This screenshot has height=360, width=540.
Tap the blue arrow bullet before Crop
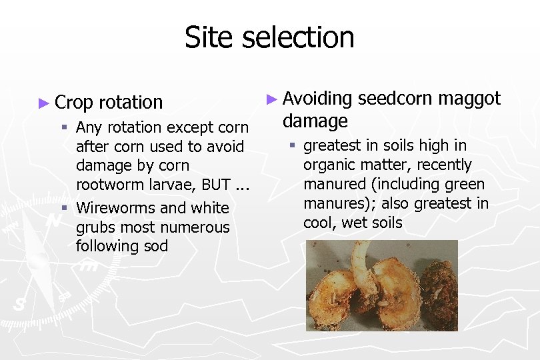point(44,103)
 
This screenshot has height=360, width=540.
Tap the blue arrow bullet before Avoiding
point(271,99)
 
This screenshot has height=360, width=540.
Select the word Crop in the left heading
point(74,103)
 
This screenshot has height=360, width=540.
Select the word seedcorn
point(395,99)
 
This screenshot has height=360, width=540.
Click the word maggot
point(471,99)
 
